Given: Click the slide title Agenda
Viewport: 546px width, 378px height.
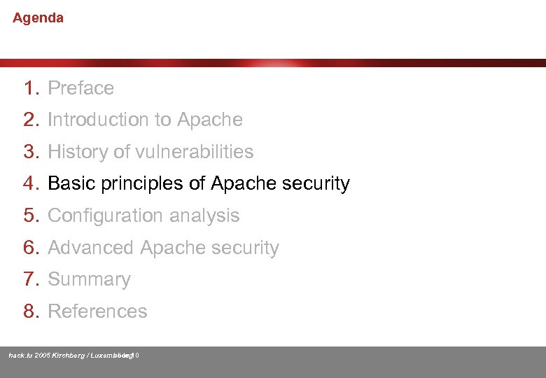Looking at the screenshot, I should click(38, 18).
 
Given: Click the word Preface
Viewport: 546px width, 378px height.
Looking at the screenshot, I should click(80, 88).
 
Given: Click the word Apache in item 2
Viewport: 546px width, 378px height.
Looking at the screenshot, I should click(209, 120).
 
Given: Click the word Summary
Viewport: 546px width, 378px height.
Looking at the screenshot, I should click(89, 280).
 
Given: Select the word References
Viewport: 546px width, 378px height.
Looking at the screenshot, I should click(97, 311).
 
